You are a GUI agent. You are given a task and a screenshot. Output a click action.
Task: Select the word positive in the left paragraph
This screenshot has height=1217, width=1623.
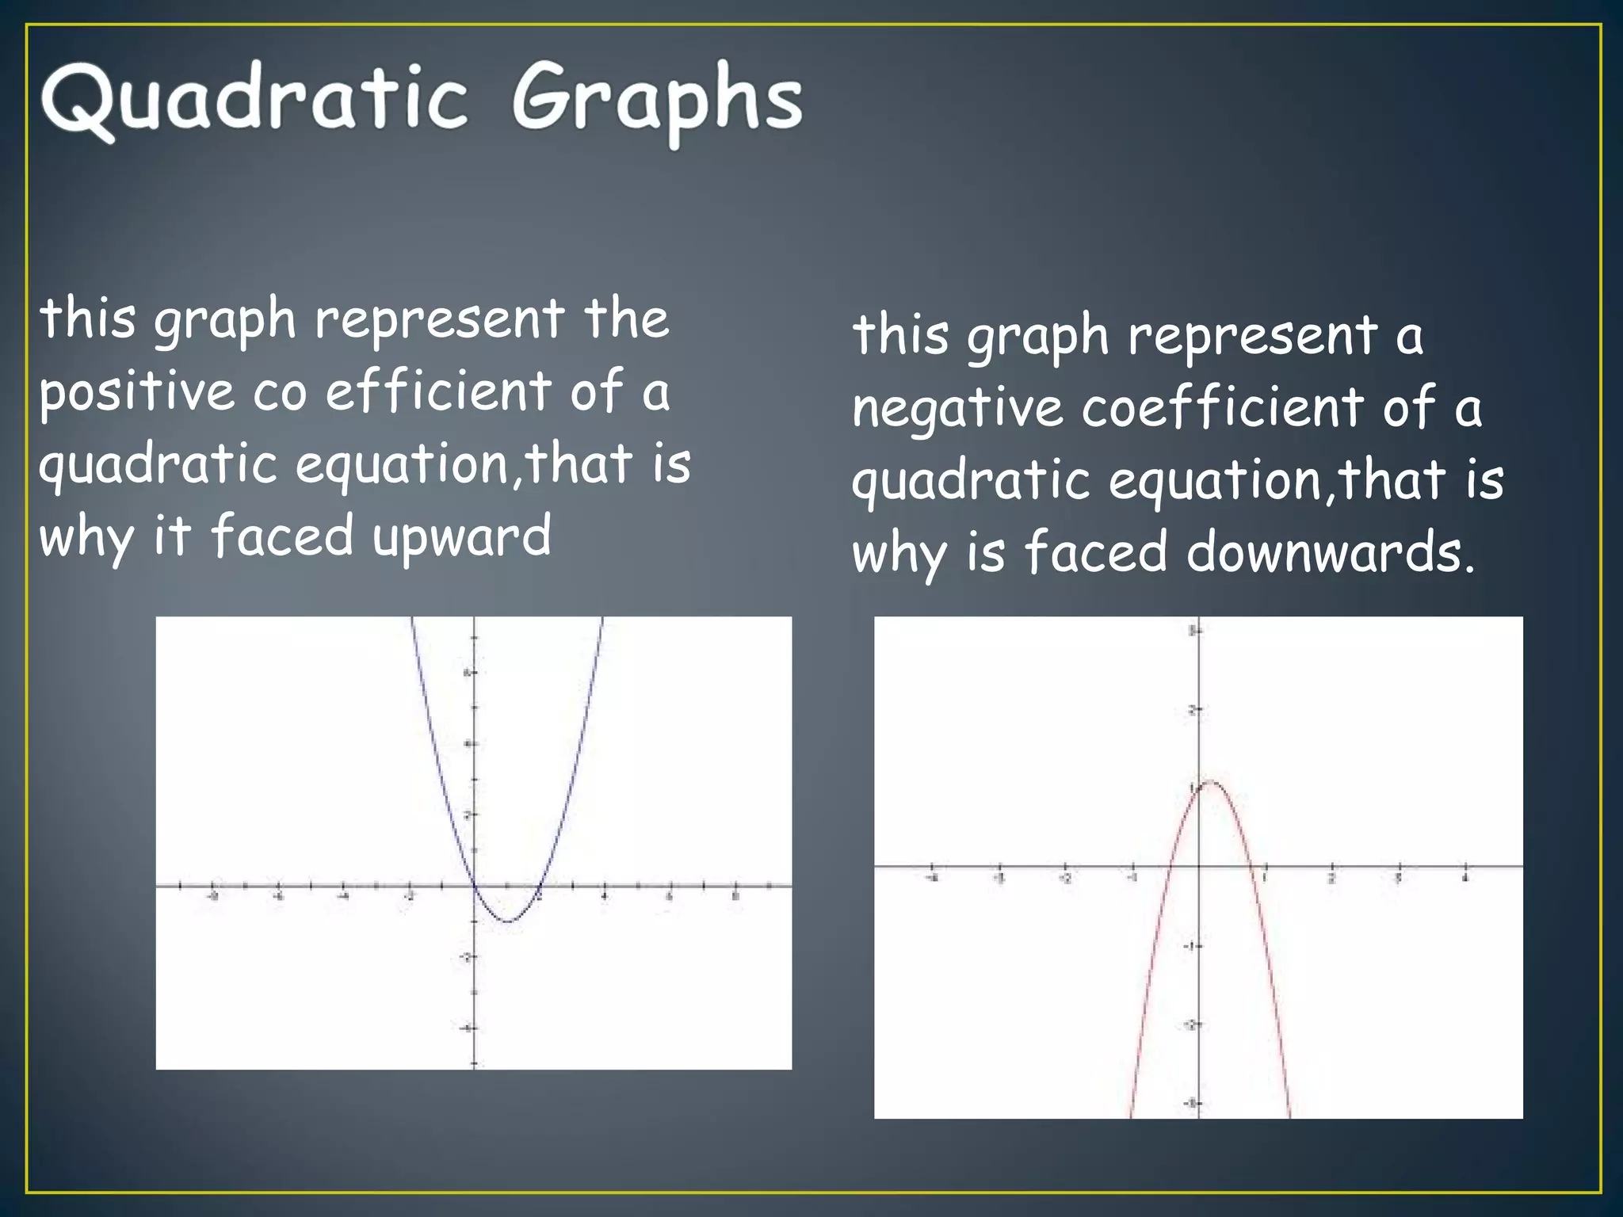pyautogui.click(x=137, y=391)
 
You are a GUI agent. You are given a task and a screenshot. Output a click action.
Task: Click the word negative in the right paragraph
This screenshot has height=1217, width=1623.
pyautogui.click(x=957, y=408)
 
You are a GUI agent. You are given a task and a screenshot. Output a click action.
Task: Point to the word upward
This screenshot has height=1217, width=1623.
pyautogui.click(x=461, y=536)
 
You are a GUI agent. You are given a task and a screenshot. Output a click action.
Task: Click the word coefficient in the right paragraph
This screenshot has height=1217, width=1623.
pyautogui.click(x=1223, y=407)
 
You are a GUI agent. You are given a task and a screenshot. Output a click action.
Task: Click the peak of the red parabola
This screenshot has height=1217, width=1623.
pyautogui.click(x=1212, y=782)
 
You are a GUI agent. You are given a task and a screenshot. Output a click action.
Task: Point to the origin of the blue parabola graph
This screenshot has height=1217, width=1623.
pyautogui.click(x=474, y=887)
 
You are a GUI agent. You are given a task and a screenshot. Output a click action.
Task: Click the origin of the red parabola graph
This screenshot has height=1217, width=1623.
pyautogui.click(x=1197, y=867)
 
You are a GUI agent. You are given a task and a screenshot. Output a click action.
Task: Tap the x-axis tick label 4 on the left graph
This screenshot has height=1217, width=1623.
pyautogui.click(x=604, y=897)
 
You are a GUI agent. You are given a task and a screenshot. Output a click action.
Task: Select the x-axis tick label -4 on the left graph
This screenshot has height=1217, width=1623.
pyautogui.click(x=343, y=897)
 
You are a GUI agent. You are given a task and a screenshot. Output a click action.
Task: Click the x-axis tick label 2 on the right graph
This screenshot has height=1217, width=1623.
pyautogui.click(x=1331, y=879)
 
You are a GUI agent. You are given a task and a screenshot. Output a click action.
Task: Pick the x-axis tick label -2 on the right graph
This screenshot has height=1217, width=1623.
pyautogui.click(x=1065, y=879)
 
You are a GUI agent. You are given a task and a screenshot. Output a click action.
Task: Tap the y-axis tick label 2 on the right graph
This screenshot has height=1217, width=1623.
pyautogui.click(x=1190, y=710)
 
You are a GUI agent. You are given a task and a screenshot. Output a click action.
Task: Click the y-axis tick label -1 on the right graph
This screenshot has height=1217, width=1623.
pyautogui.click(x=1189, y=946)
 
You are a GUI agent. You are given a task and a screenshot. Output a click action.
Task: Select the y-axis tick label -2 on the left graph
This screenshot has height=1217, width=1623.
pyautogui.click(x=464, y=958)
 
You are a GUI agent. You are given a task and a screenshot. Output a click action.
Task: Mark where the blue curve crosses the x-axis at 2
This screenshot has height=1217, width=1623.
pyautogui.click(x=539, y=887)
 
